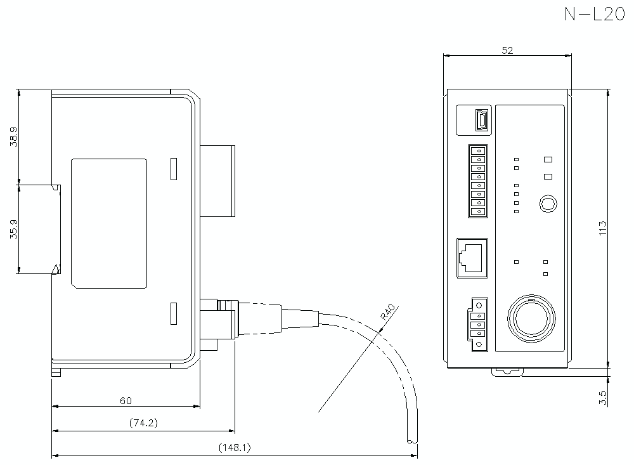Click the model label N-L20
click(595, 15)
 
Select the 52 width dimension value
click(507, 51)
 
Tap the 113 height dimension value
click(603, 228)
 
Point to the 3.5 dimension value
click(603, 398)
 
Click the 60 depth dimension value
click(126, 400)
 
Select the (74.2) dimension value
click(143, 423)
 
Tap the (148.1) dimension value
click(235, 447)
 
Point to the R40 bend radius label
click(388, 313)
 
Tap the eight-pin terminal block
click(479, 181)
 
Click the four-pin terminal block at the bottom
click(479, 324)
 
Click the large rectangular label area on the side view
click(109, 223)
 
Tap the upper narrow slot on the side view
click(172, 168)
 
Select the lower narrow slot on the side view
click(172, 315)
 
